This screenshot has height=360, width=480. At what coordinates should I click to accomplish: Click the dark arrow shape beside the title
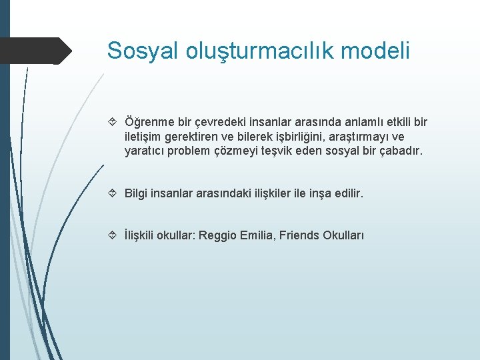tap(36, 51)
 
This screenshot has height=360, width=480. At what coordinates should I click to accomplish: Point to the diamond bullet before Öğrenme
tap(113, 122)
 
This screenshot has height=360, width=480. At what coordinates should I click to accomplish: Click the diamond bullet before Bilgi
tap(113, 193)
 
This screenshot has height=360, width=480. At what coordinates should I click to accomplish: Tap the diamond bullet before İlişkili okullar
tap(113, 235)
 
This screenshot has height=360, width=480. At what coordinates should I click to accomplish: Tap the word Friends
tap(300, 235)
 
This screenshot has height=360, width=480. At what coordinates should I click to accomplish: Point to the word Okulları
tap(343, 235)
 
